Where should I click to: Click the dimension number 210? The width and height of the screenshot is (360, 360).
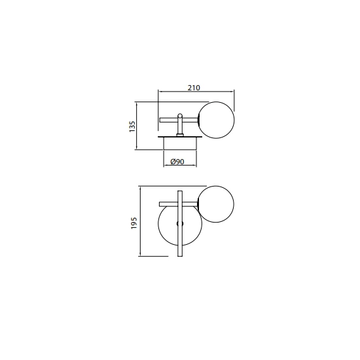coord(194,88)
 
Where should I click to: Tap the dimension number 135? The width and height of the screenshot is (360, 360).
coord(132,126)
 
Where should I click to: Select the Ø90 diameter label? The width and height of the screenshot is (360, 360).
coord(177,162)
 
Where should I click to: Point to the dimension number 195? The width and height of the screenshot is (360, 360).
coord(134,223)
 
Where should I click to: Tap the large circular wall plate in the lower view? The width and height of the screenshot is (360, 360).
coord(158,223)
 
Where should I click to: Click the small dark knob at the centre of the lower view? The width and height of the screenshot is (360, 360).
coord(180,223)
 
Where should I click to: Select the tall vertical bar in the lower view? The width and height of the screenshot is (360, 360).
coord(180,223)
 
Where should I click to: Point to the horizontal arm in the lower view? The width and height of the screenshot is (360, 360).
coord(179,204)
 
